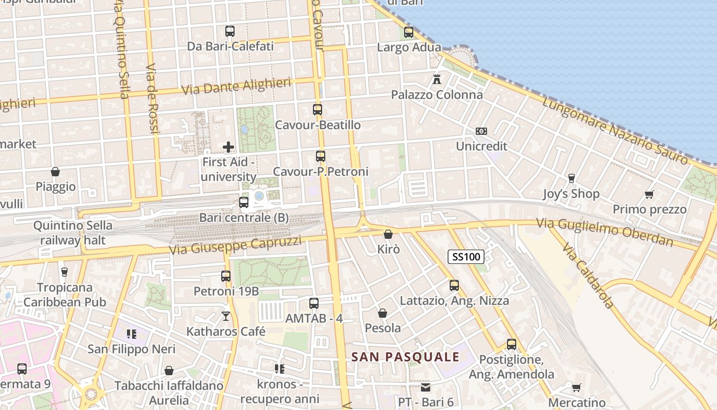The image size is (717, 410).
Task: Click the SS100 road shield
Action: [x=466, y=257]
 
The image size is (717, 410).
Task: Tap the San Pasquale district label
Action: [x=406, y=357]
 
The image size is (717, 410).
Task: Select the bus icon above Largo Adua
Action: [x=409, y=32]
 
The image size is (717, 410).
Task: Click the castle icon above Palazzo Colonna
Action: [x=437, y=79]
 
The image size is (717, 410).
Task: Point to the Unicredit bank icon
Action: [x=481, y=131]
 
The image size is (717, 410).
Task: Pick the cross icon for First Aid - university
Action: [x=228, y=148]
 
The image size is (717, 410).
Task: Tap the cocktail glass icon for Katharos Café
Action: [x=226, y=316]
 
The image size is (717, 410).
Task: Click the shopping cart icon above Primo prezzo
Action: [x=649, y=194]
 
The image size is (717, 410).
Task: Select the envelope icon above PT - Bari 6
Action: [x=426, y=387]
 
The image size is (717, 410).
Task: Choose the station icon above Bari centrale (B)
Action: [x=244, y=202]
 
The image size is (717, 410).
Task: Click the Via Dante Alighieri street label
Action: [x=237, y=86]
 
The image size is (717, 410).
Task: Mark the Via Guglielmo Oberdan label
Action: [x=605, y=232]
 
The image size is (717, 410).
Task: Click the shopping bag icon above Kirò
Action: [x=388, y=234]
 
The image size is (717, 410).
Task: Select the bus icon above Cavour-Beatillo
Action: [x=318, y=110]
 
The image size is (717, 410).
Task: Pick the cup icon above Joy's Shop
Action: [x=572, y=178]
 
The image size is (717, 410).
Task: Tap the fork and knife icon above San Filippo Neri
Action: [x=132, y=334]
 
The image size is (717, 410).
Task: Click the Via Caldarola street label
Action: [x=587, y=276]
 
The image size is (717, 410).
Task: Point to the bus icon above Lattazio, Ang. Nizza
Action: [x=454, y=285]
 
